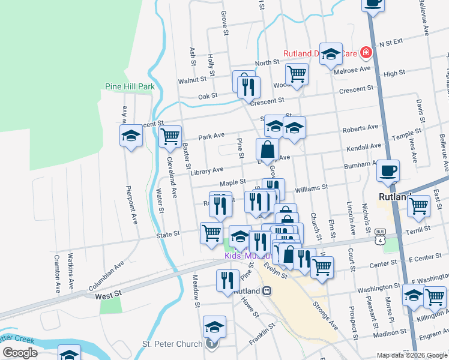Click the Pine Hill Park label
130,86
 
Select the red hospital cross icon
365,53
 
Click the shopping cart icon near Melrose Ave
297,74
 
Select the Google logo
20,352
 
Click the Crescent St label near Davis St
357,89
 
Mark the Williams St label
311,187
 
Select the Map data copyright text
412,355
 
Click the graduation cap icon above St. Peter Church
214,327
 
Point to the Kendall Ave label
363,146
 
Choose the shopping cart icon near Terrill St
418,206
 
